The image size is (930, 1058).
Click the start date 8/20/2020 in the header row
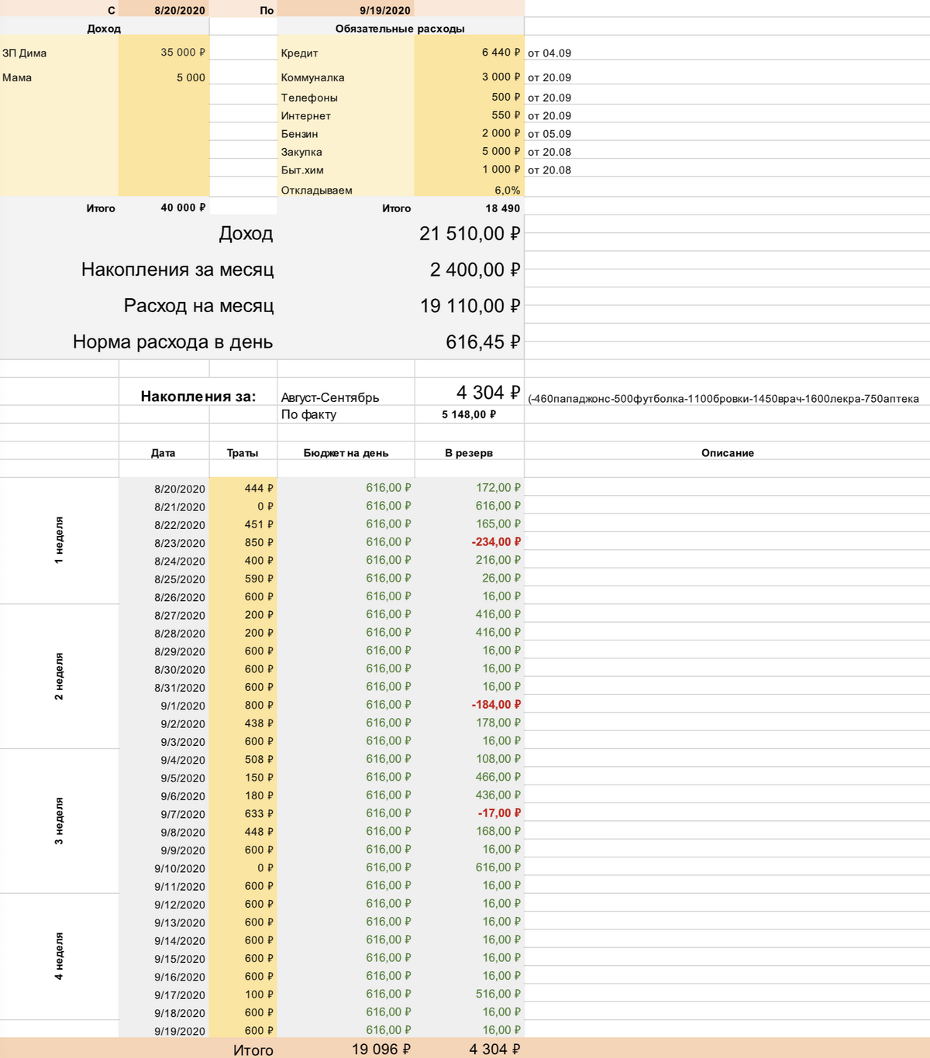pos(180,11)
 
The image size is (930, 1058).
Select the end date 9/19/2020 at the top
pos(385,11)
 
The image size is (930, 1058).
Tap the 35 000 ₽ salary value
pos(183,53)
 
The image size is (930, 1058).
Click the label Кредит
pos(299,53)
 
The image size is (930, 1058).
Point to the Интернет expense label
pos(305,116)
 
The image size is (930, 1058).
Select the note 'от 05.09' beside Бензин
pos(549,134)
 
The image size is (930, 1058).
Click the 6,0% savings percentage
pos(507,191)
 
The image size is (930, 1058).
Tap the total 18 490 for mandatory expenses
pos(502,208)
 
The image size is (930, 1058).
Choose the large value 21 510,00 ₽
pos(469,234)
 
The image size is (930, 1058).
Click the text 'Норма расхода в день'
pos(173,342)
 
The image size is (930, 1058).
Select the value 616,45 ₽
pos(482,342)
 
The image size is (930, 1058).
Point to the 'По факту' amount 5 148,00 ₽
pos(469,414)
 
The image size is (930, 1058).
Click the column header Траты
pos(243,453)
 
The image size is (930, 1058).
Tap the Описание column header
pos(727,453)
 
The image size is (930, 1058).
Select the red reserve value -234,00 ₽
pos(496,542)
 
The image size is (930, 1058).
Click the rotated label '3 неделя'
pos(59,821)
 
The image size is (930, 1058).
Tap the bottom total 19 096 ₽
pos(381,1049)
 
